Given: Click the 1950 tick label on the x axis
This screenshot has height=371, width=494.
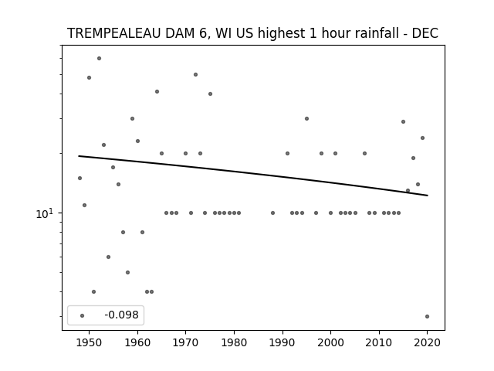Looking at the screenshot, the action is [90, 342].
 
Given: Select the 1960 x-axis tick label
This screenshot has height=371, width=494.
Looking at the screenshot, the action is [137, 342].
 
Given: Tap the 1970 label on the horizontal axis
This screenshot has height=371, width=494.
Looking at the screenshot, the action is [185, 342].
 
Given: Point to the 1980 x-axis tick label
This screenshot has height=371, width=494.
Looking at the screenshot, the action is [234, 342].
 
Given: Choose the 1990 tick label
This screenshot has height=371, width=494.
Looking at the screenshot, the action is [283, 342].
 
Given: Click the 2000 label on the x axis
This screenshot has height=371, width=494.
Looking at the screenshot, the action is [330, 342].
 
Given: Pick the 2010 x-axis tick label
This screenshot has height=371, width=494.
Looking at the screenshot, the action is [379, 342].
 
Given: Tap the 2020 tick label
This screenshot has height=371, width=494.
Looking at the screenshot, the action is [427, 342].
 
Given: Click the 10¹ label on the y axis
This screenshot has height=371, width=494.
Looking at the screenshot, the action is [45, 213].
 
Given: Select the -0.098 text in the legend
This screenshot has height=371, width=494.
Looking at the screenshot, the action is [122, 315].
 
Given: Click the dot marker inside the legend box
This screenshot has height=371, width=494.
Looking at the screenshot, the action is [82, 315].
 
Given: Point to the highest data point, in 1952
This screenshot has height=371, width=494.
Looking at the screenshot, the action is [99, 59].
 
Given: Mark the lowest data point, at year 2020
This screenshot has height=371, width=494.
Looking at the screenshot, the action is [427, 316].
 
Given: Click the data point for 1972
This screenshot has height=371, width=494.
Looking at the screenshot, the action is [195, 75].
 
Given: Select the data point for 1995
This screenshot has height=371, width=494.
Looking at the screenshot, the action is [306, 118].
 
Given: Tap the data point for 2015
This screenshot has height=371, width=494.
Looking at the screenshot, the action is [403, 122].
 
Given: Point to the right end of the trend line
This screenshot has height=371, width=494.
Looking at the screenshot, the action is [428, 196].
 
